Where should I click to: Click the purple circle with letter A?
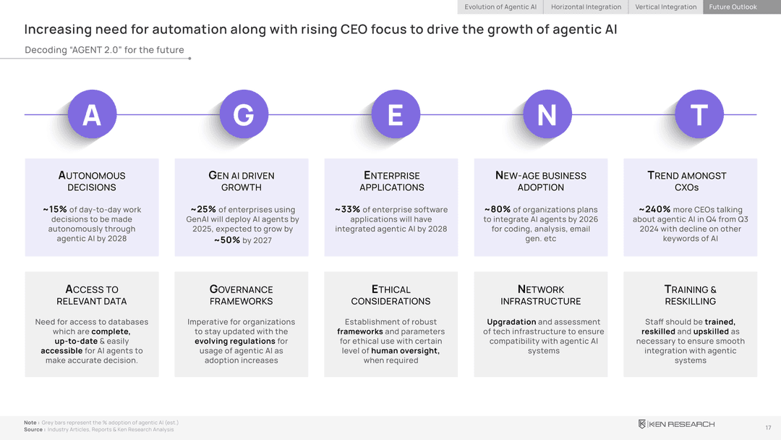[x=91, y=115]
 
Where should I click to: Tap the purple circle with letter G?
[x=244, y=115]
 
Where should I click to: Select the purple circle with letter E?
[x=395, y=115]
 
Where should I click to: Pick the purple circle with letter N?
[x=547, y=115]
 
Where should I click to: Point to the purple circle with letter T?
[x=699, y=115]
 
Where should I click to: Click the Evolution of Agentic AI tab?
[x=500, y=7]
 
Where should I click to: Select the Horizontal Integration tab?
[x=586, y=7]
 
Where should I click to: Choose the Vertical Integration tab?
[x=666, y=7]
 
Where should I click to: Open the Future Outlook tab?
[x=733, y=7]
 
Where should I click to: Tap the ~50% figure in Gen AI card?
[x=226, y=240]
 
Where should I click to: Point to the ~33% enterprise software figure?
[x=347, y=210]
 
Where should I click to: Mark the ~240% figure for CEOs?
[x=654, y=210]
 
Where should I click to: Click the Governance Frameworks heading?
[x=242, y=295]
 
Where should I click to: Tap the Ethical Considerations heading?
[x=390, y=295]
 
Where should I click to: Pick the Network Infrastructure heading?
[x=541, y=295]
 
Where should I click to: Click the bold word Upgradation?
[x=511, y=322]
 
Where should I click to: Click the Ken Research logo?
[x=676, y=424]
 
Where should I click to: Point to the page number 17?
[x=767, y=428]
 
